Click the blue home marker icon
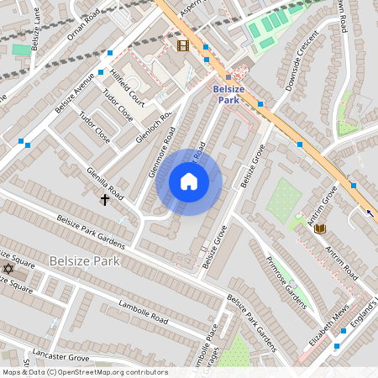pos(189,181)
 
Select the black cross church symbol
pos(106,199)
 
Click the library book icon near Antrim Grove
pos(319,228)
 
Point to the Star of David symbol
pos(8,268)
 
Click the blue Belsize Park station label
pos(228,94)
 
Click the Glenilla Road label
pos(105,184)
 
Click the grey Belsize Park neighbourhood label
pos(84,260)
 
